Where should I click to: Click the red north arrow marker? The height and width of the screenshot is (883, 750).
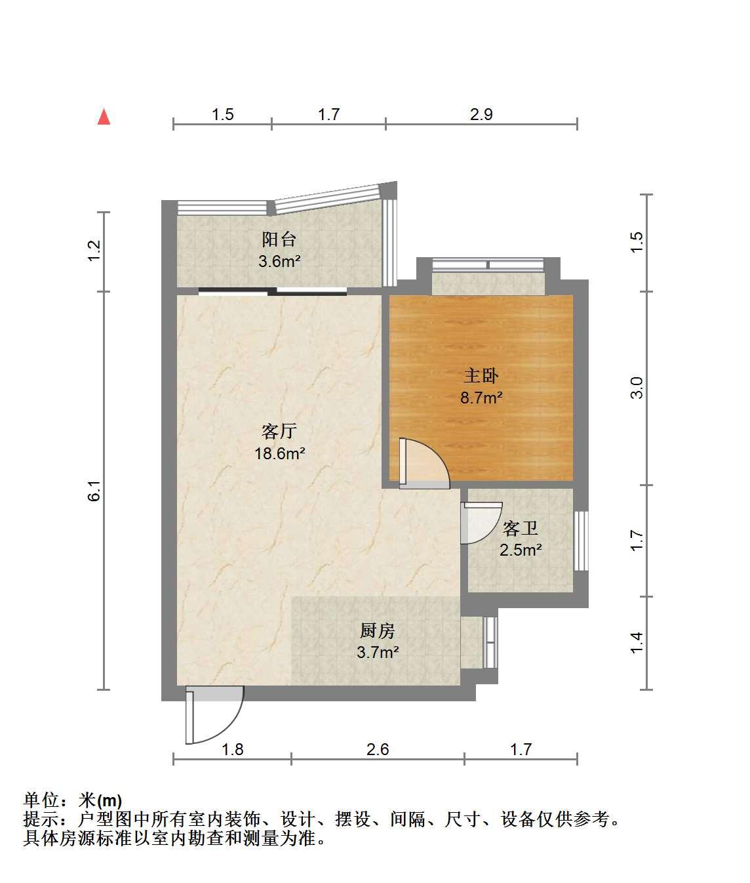click(x=104, y=117)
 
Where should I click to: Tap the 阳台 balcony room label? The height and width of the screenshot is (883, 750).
click(x=279, y=239)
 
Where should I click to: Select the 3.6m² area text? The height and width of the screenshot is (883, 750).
click(x=279, y=261)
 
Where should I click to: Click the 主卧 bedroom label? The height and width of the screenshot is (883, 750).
click(x=481, y=375)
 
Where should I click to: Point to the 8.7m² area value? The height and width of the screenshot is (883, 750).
click(x=481, y=398)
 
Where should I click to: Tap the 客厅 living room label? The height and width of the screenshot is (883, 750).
click(x=279, y=432)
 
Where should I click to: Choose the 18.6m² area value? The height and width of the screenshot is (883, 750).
click(x=279, y=453)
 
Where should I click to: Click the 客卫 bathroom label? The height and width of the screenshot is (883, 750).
click(x=521, y=529)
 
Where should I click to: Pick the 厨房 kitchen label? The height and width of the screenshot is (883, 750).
click(x=378, y=631)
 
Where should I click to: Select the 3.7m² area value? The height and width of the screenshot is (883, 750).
click(x=378, y=652)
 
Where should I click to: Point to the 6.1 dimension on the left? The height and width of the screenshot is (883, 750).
click(x=94, y=491)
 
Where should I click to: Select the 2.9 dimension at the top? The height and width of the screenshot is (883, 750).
click(x=481, y=115)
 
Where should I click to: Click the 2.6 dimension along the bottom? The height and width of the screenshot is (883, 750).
click(x=378, y=749)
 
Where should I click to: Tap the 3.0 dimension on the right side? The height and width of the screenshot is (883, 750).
click(x=637, y=388)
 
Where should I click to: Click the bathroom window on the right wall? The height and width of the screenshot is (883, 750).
click(x=581, y=541)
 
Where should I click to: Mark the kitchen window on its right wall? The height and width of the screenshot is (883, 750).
click(x=490, y=642)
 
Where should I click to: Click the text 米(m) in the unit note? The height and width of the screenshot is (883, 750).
click(x=100, y=800)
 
